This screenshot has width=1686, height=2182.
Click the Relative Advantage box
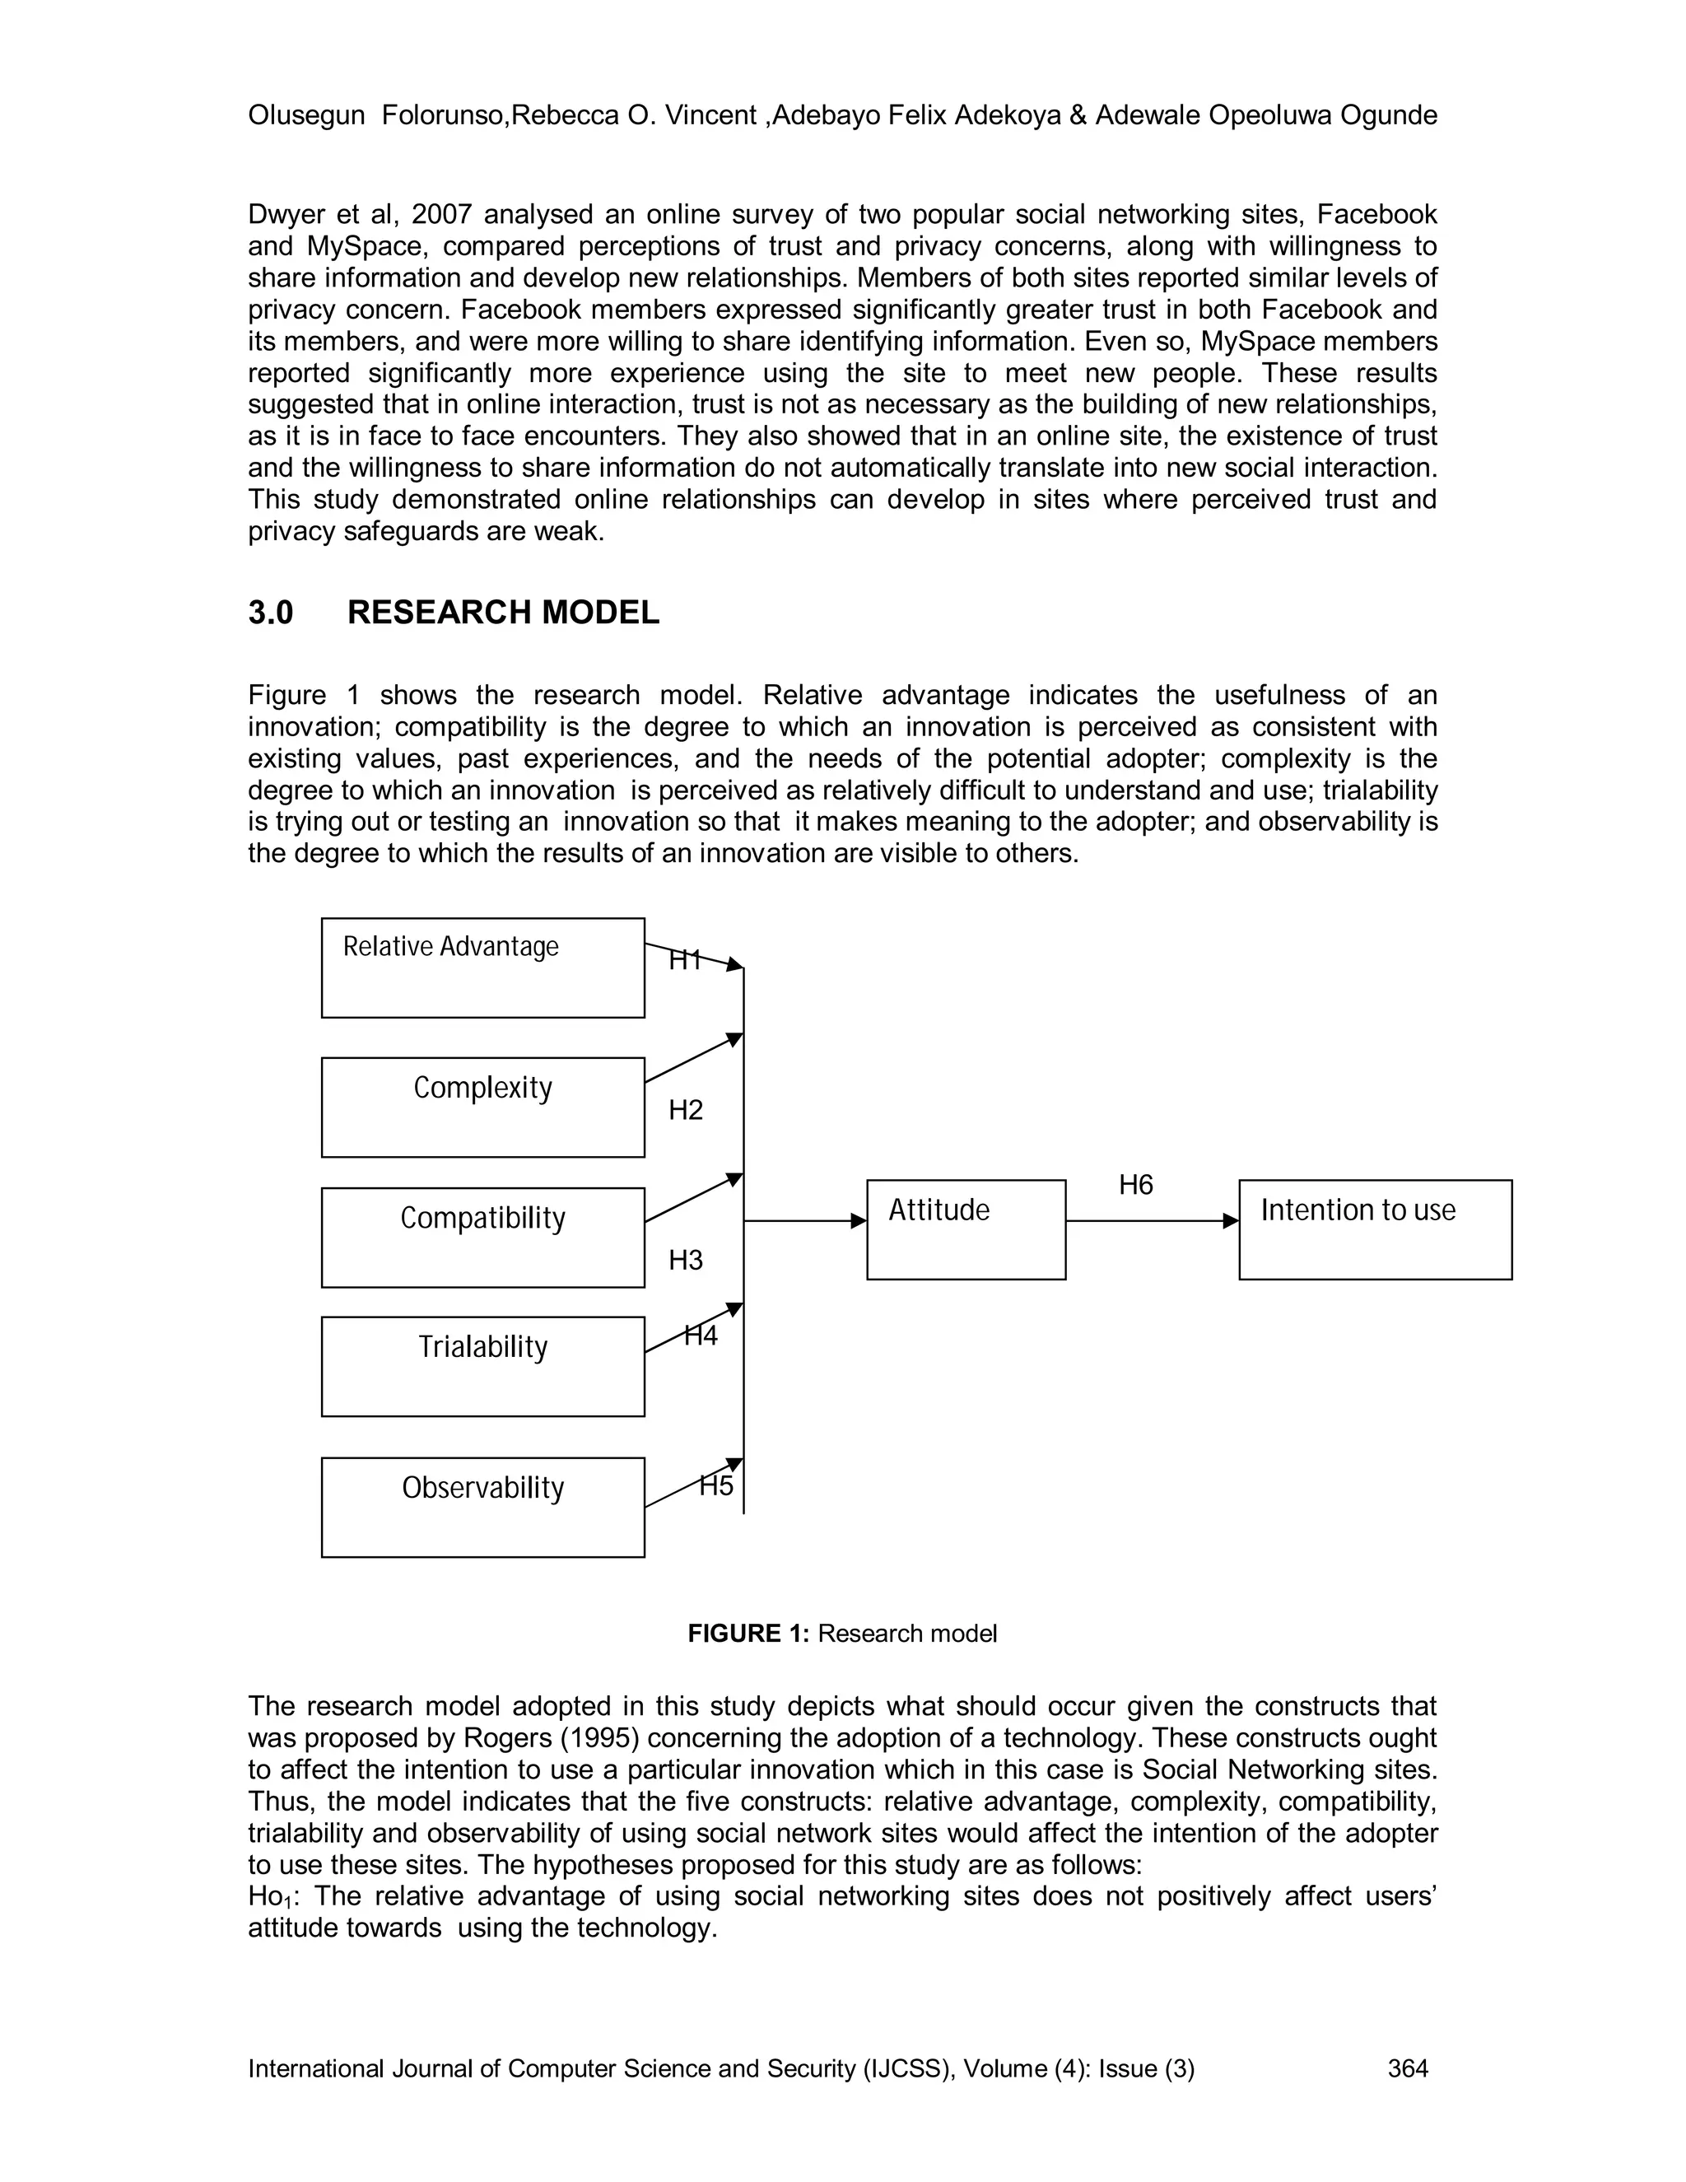pos(482,967)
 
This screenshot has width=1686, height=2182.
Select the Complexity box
pos(482,1107)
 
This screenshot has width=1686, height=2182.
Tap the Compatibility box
pos(482,1237)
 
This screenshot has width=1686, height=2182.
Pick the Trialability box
pos(482,1366)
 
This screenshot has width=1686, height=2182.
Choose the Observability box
pos(482,1507)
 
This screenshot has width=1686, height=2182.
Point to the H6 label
pos(1135,1185)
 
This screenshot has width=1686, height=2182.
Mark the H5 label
pos(716,1485)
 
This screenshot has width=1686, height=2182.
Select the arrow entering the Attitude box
pos(805,1221)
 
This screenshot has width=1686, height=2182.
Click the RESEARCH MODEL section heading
pos(502,613)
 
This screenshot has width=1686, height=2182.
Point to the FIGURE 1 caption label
pos(748,1634)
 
